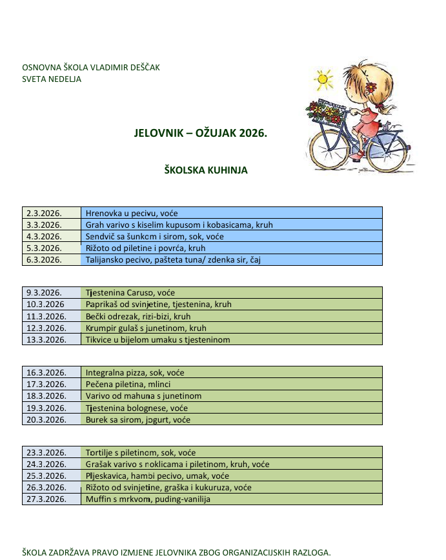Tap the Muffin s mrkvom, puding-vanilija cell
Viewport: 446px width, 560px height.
pos(148,499)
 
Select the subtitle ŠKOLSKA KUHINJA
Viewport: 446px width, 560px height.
pos(207,170)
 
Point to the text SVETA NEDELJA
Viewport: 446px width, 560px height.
pos(52,79)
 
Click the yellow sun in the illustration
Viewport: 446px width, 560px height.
pos(324,80)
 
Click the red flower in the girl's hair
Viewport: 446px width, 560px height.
pos(370,88)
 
